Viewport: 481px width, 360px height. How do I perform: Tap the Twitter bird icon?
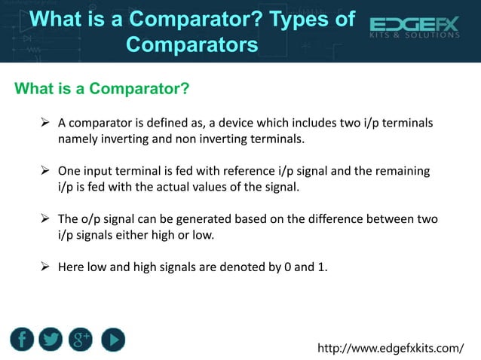(x=51, y=340)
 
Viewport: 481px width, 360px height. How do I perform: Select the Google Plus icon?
(x=81, y=340)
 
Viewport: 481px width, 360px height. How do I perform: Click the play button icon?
(x=112, y=340)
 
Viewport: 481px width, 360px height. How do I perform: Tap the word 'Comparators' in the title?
(x=191, y=44)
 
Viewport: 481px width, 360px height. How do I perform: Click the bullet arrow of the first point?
(x=44, y=123)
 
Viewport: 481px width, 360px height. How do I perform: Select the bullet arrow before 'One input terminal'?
(x=44, y=171)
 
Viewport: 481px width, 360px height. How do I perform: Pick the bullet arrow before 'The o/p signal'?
(x=44, y=219)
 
